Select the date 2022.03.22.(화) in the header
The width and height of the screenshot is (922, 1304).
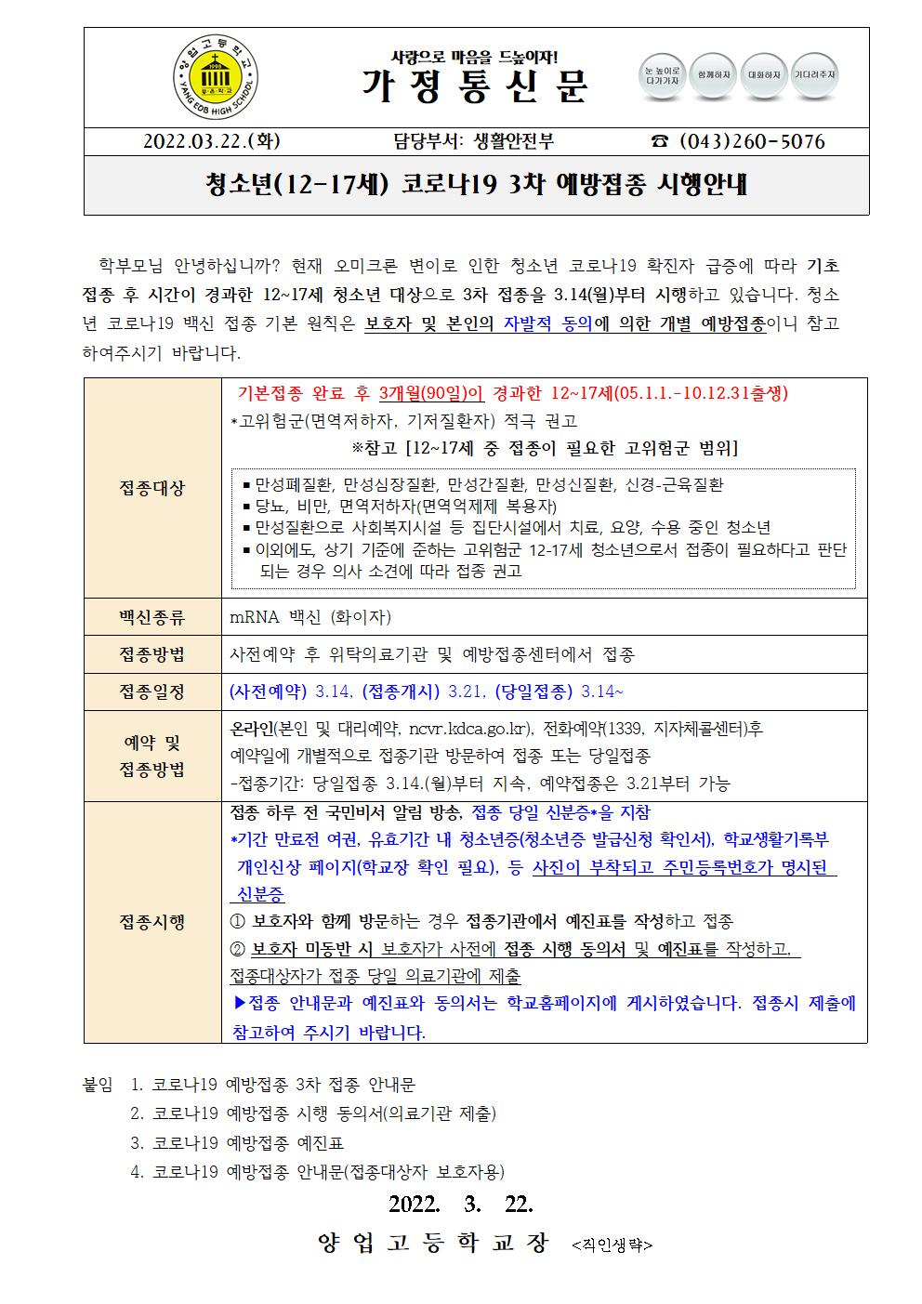pos(212,141)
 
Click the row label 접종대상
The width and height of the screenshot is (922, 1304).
pos(152,487)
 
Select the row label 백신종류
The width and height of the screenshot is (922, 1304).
pos(152,616)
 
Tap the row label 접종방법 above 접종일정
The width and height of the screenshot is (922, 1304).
pos(152,654)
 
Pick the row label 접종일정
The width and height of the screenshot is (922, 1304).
pos(152,692)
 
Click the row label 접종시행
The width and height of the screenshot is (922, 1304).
pos(152,921)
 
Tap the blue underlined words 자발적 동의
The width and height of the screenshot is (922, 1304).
pos(547,323)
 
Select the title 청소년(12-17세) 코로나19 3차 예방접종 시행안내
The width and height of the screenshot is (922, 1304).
pos(476,186)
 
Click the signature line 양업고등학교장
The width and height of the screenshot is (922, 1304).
pos(433,1243)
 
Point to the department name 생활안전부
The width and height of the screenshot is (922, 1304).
pos(513,141)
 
